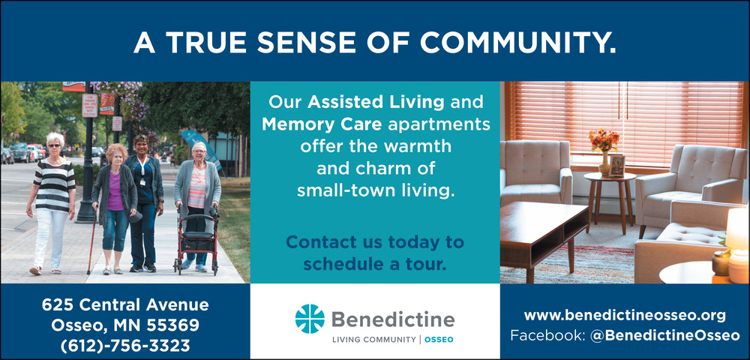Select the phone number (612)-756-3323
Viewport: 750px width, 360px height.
125,346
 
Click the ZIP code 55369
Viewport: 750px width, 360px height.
172,325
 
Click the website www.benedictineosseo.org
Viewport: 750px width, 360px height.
625,316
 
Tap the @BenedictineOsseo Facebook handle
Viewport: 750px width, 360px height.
664,335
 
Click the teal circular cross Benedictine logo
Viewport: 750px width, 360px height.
310,319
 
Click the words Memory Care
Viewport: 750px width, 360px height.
322,124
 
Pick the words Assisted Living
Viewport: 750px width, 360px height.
376,102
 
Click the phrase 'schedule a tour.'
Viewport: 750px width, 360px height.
375,264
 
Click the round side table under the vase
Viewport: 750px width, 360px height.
610,200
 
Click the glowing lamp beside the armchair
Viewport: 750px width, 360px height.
737,244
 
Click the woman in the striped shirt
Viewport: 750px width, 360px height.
51,202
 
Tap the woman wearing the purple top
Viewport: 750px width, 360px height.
115,208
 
